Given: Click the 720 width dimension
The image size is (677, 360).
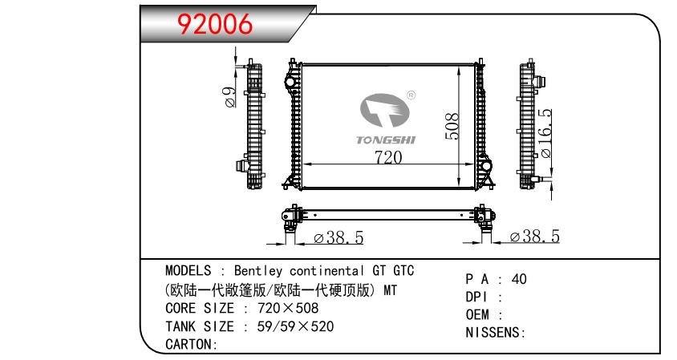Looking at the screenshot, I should point(387,157).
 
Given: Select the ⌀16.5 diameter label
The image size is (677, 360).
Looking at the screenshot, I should point(545,133).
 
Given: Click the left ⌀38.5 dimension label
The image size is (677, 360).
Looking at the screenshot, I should point(339,238).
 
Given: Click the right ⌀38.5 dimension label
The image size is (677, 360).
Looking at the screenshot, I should point(534,237).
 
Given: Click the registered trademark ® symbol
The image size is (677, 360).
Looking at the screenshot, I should point(411,95).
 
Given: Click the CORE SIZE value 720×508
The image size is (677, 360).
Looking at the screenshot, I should point(288,308).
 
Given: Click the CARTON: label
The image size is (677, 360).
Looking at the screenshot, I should point(192,345).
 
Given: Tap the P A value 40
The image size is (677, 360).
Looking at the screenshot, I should point(518,280).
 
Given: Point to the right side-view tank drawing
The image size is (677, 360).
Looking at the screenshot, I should point(529,125).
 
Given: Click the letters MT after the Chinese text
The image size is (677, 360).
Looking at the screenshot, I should point(388,289).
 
